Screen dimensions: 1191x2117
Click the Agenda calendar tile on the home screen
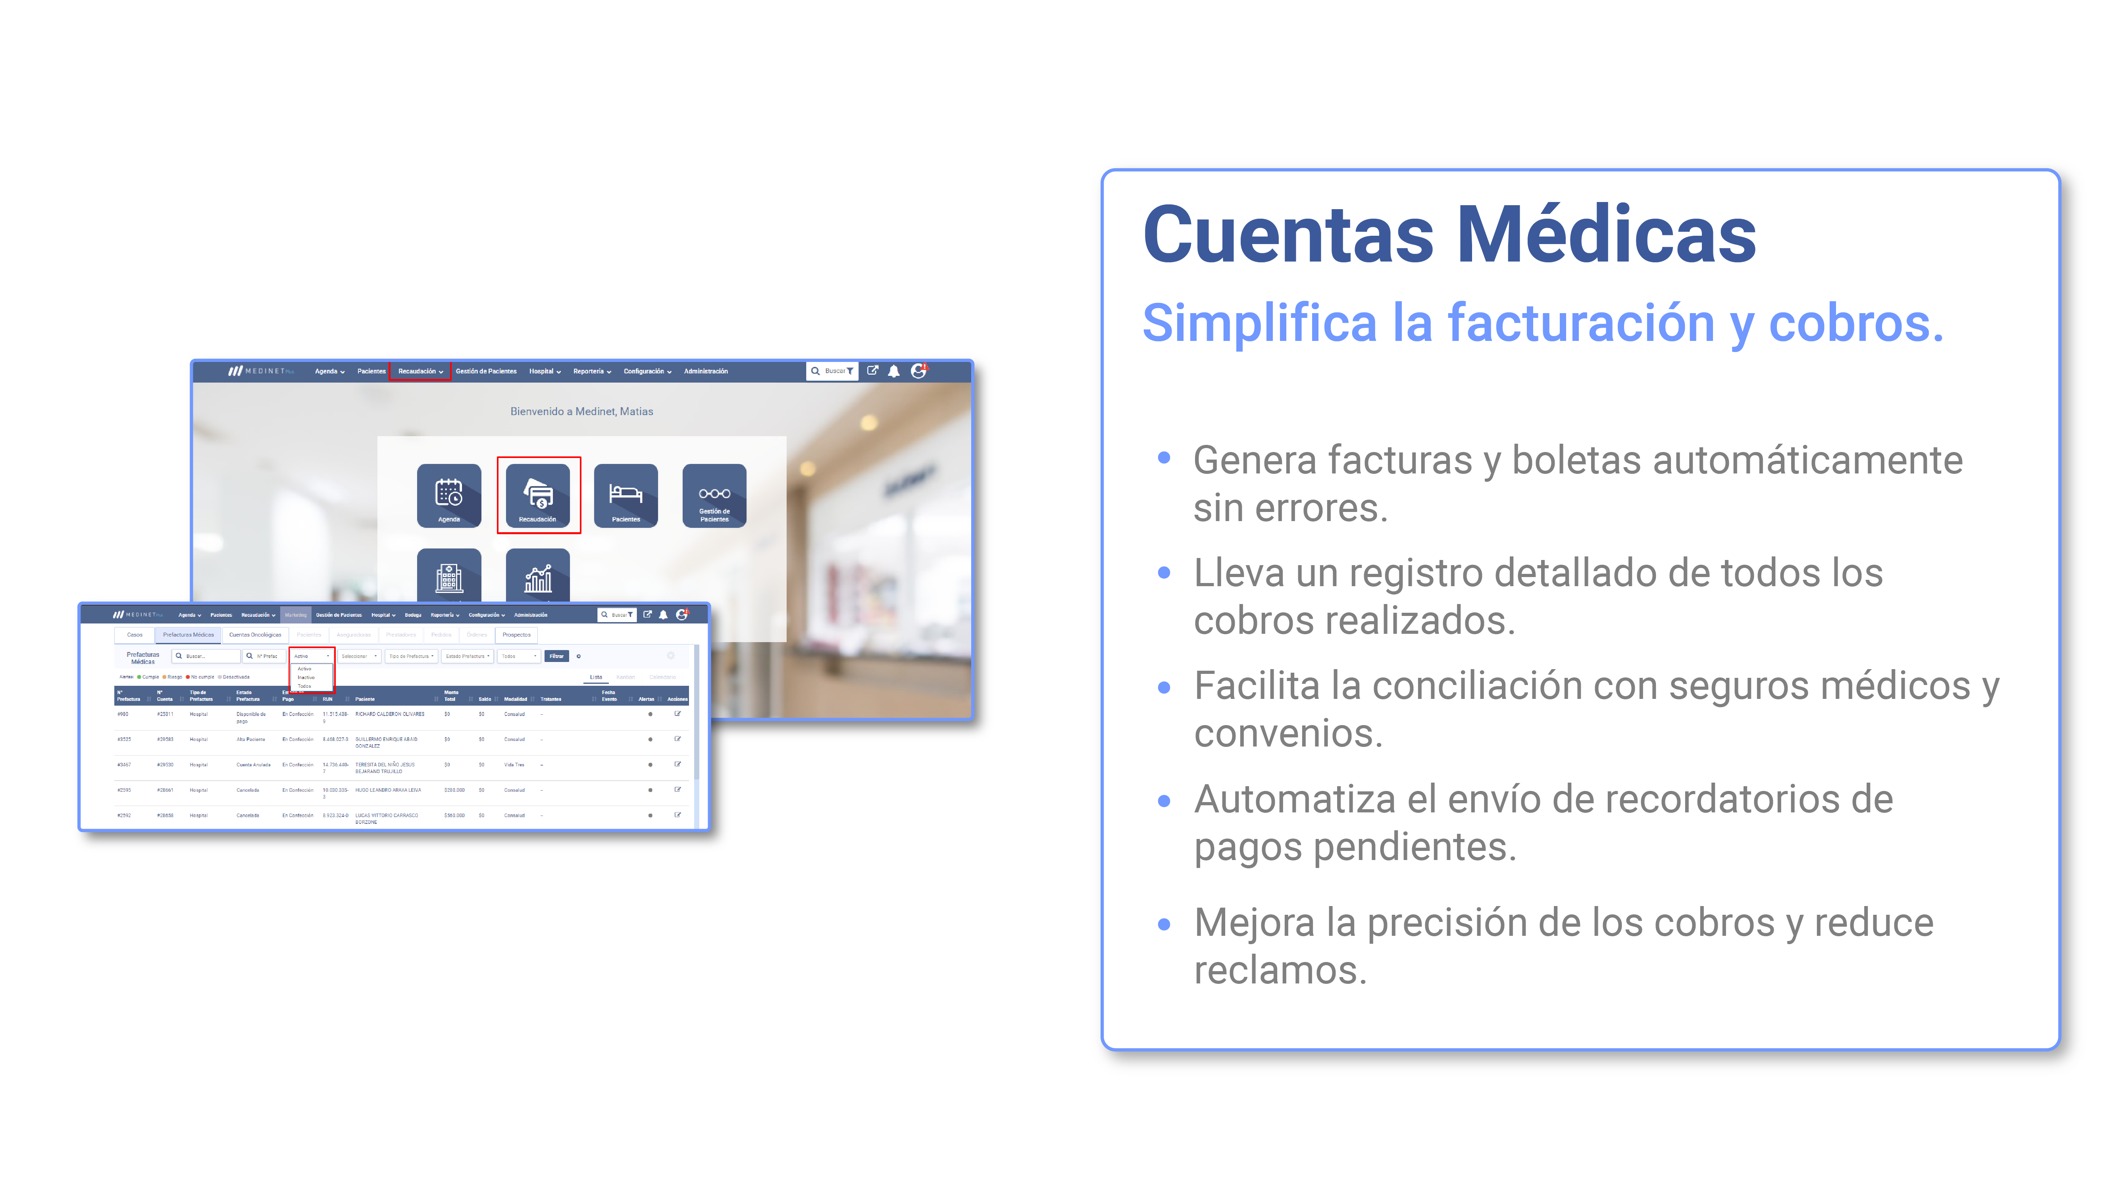[449, 495]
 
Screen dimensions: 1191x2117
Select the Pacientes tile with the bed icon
[625, 495]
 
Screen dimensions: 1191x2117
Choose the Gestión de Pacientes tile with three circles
[714, 495]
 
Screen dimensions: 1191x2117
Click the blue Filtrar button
[556, 656]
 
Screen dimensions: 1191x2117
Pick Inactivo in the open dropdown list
[306, 677]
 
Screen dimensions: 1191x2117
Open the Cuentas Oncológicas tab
[255, 635]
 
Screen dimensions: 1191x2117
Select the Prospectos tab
[516, 635]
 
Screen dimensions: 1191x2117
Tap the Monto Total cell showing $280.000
[454, 790]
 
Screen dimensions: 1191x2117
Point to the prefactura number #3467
[124, 764]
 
